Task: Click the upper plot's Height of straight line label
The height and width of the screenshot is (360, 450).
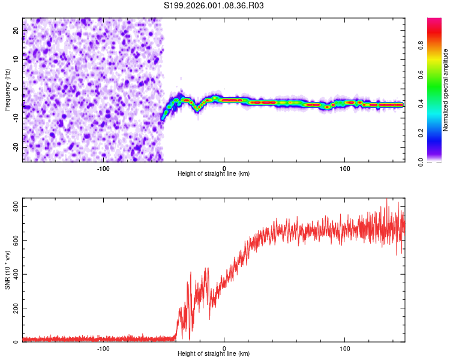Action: point(214,174)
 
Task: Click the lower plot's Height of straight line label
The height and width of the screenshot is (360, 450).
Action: point(214,354)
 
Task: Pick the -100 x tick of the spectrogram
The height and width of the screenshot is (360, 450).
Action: point(103,167)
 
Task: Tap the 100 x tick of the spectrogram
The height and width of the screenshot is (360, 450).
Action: point(345,167)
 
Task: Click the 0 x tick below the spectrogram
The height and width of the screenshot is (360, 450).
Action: point(224,167)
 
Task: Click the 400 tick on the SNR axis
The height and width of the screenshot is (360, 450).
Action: point(15,274)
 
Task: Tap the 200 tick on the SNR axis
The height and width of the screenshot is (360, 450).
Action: point(15,308)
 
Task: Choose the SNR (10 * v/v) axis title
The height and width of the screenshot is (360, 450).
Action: point(7,273)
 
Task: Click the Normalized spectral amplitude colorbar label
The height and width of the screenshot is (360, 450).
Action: point(445,90)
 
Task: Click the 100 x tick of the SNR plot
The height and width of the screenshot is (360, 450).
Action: point(345,347)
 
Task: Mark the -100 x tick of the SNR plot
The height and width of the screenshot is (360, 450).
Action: point(103,347)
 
